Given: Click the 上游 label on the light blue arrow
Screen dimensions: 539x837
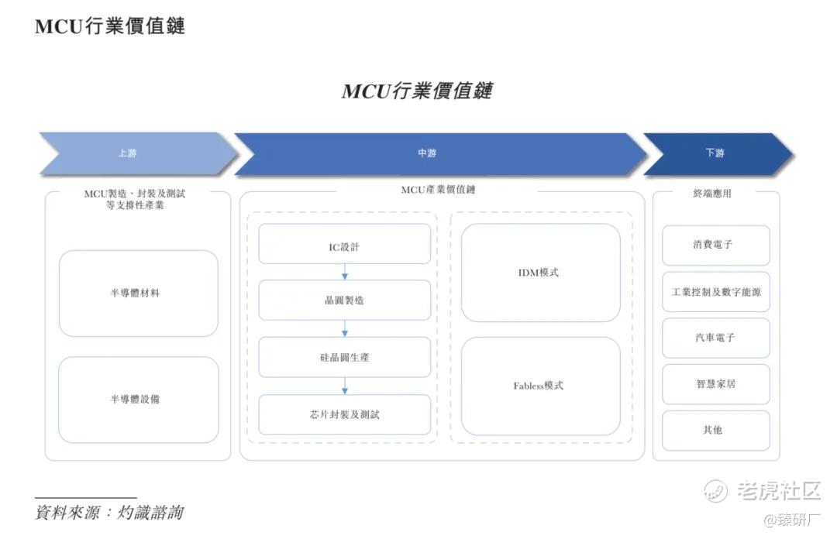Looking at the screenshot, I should click(x=127, y=153).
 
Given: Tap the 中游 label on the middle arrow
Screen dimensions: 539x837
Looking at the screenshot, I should click(x=427, y=153).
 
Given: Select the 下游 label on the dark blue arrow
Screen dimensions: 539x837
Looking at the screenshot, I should click(x=715, y=153).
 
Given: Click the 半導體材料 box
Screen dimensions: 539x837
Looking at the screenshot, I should click(x=139, y=294).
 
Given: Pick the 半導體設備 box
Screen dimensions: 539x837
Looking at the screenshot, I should click(x=139, y=400).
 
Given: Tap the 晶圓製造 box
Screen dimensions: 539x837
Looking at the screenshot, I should click(x=344, y=300).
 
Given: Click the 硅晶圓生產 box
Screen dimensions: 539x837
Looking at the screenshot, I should click(x=344, y=357).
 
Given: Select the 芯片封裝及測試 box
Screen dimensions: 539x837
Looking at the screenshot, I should click(x=344, y=414).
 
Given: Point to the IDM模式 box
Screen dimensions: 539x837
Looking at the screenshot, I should click(x=540, y=273).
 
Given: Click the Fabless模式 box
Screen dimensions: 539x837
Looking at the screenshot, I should click(x=540, y=386).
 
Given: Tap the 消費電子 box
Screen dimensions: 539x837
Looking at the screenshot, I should click(x=715, y=245).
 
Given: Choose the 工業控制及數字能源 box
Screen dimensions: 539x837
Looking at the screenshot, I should click(x=715, y=292).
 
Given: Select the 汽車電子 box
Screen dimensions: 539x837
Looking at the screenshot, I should click(x=715, y=338).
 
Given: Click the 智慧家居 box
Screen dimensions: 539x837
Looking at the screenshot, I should click(x=715, y=383).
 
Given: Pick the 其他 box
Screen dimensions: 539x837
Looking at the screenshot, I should click(x=715, y=430).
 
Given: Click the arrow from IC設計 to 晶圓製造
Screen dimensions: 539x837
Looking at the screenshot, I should click(x=345, y=272).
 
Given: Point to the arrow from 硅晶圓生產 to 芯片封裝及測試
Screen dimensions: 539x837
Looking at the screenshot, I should click(x=345, y=386).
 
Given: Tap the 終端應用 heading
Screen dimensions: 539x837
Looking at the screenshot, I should click(x=712, y=194).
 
